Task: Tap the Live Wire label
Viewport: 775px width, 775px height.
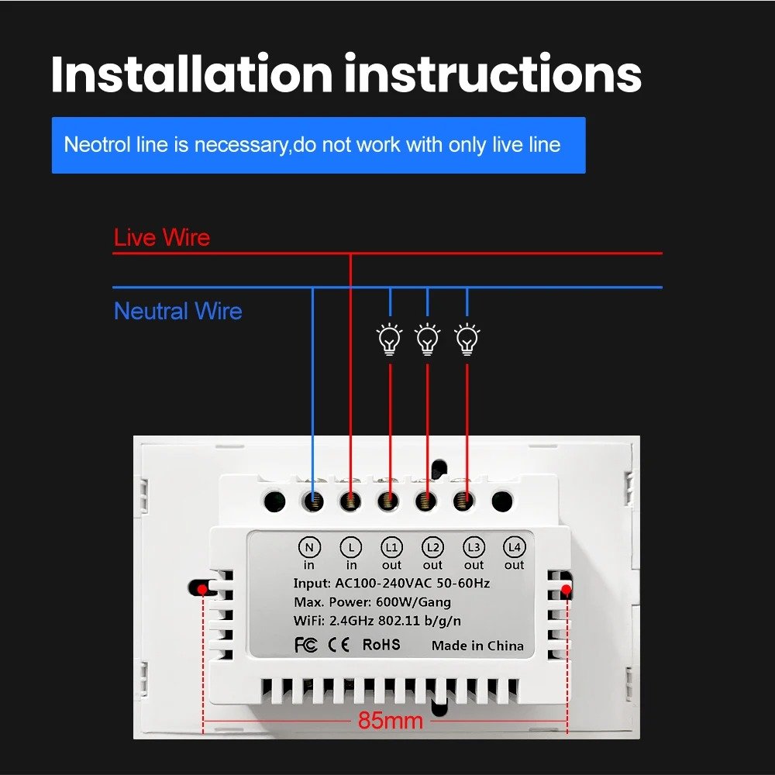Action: tap(161, 237)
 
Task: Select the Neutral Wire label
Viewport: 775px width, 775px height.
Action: tap(177, 312)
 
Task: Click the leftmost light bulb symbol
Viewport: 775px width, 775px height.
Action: tap(390, 339)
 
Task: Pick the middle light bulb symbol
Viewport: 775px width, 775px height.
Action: tap(428, 339)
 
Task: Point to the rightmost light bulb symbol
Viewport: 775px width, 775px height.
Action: tap(467, 339)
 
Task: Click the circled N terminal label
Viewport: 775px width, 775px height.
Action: tap(309, 548)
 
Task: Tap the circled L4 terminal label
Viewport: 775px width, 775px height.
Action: tap(514, 548)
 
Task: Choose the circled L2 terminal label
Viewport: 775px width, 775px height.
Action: tap(432, 548)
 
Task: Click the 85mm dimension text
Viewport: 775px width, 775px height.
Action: tap(391, 721)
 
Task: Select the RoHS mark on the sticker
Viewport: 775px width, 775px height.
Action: tap(381, 644)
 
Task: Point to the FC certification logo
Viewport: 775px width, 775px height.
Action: tap(306, 645)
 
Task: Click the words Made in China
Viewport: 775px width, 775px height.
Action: tap(477, 646)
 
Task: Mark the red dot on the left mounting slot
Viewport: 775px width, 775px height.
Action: tap(202, 590)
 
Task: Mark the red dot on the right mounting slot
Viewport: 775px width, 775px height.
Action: tap(567, 591)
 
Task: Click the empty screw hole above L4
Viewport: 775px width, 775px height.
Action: tap(502, 501)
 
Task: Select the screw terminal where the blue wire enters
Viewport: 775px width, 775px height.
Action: tap(312, 501)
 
